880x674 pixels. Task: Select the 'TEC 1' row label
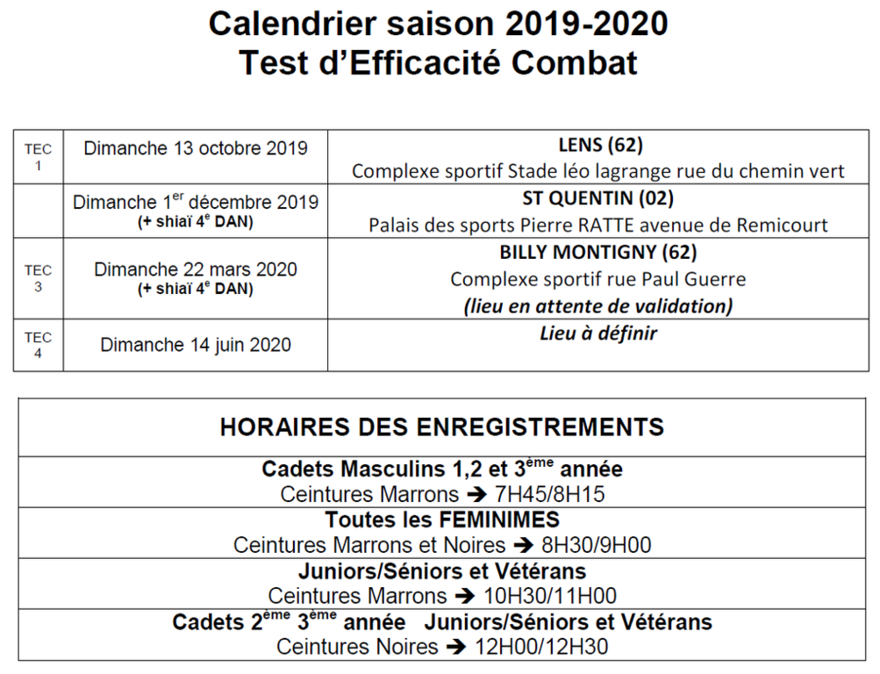[x=38, y=157]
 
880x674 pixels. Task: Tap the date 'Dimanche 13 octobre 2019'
[x=196, y=147]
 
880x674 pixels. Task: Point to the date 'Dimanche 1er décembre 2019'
[x=196, y=202]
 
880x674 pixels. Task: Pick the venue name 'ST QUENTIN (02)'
[x=597, y=198]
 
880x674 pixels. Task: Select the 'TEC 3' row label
[x=38, y=278]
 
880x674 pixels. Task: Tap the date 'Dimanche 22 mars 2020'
[x=196, y=269]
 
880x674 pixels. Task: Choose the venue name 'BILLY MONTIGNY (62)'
[x=597, y=253]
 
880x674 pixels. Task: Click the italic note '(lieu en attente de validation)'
[x=597, y=306]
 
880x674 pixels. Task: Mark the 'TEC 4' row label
[x=38, y=345]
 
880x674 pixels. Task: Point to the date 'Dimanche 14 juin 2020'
[x=196, y=345]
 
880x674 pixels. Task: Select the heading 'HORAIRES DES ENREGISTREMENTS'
[x=441, y=427]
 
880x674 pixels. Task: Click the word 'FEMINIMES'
[x=493, y=520]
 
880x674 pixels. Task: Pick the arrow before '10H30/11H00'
[x=465, y=597]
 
